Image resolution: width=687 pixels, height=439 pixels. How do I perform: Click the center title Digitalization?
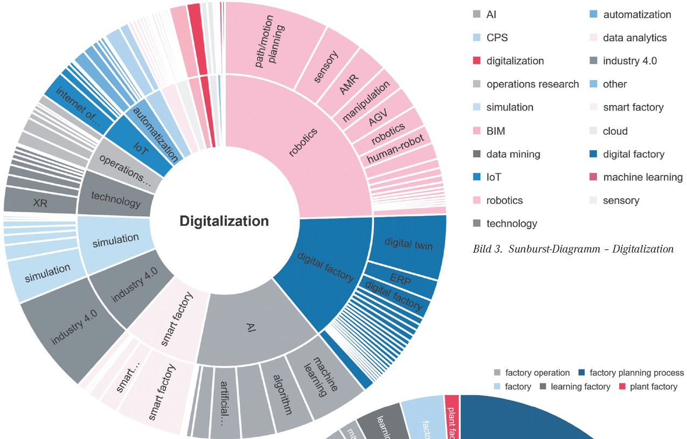(x=224, y=221)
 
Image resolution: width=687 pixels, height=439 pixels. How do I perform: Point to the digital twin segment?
(x=408, y=244)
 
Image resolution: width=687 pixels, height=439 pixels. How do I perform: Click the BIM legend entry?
(x=496, y=131)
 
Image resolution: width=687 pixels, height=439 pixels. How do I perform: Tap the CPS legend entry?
(x=497, y=38)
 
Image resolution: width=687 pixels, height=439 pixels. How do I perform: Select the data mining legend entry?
(x=513, y=154)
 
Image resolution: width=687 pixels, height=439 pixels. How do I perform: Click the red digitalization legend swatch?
(x=476, y=61)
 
